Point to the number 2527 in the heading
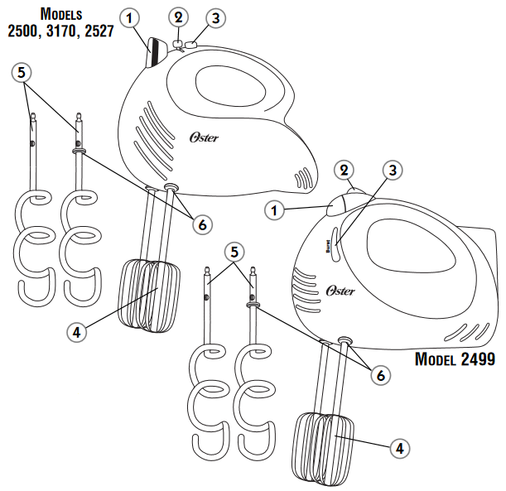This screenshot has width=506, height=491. tap(97, 31)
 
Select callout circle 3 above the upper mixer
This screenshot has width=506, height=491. tap(215, 17)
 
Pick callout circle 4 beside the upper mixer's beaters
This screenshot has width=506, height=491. tap(75, 331)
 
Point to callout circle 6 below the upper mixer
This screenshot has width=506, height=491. tap(201, 222)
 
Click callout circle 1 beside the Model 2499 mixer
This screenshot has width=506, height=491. tap(275, 210)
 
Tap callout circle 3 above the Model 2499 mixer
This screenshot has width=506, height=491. tap(394, 171)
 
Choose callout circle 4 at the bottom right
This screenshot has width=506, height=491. tap(399, 448)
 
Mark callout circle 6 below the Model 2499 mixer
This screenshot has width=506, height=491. tap(379, 374)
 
